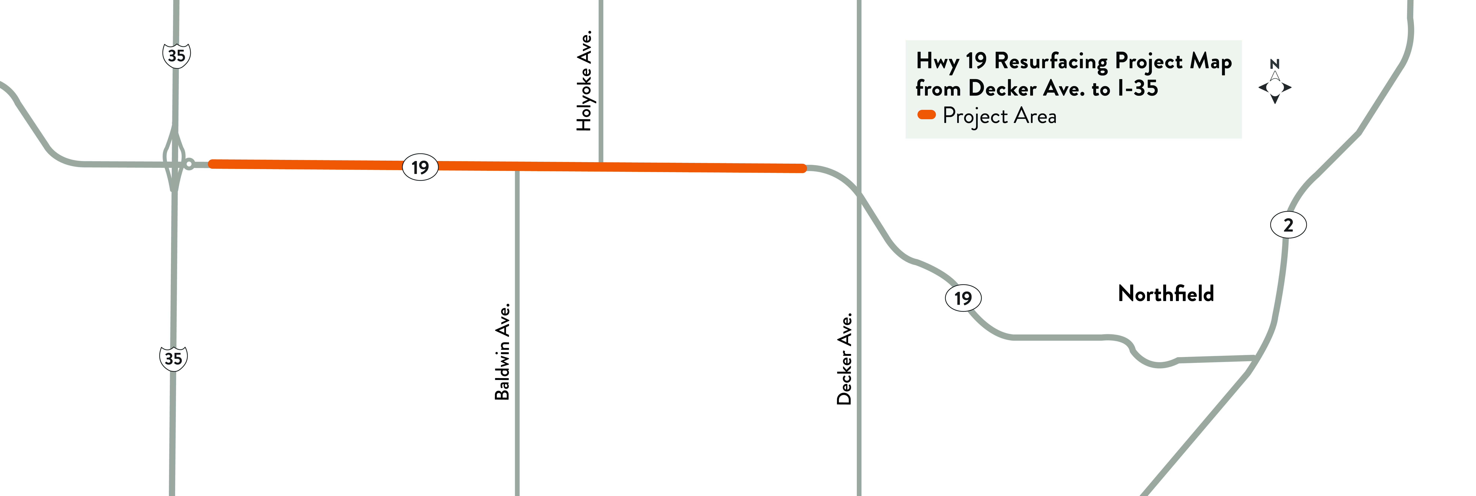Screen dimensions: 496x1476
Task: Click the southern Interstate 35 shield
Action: (x=173, y=358)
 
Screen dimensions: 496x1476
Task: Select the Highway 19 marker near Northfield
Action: (x=963, y=298)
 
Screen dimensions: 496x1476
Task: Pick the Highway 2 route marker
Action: (x=1288, y=225)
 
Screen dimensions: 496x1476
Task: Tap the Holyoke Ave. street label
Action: (x=584, y=81)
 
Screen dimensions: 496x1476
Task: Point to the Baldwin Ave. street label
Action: (x=502, y=351)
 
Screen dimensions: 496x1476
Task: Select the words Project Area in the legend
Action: (x=999, y=116)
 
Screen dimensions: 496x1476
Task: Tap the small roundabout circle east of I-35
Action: (x=189, y=164)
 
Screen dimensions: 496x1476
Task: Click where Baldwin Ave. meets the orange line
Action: (x=517, y=166)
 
